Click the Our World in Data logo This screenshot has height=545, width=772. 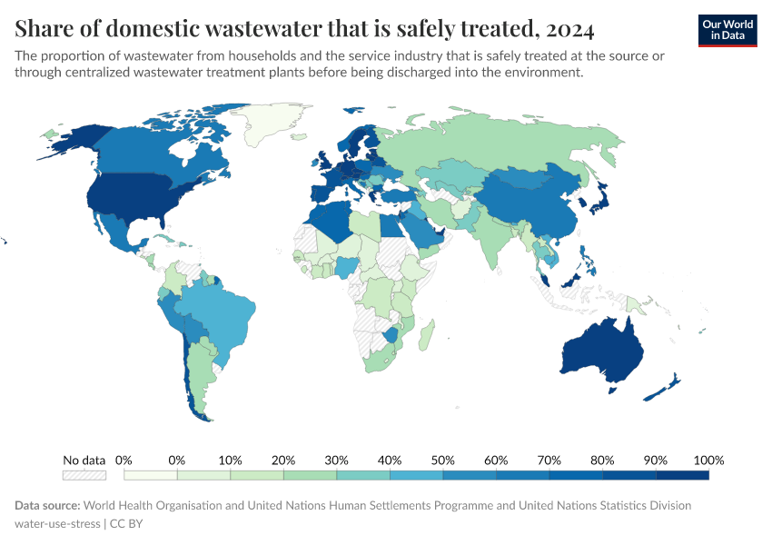pyautogui.click(x=727, y=30)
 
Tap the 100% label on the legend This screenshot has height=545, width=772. pyautogui.click(x=708, y=461)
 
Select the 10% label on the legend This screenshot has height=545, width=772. pyautogui.click(x=231, y=461)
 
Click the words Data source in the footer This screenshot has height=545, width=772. pyautogui.click(x=48, y=505)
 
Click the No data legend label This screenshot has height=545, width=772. pyautogui.click(x=84, y=461)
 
